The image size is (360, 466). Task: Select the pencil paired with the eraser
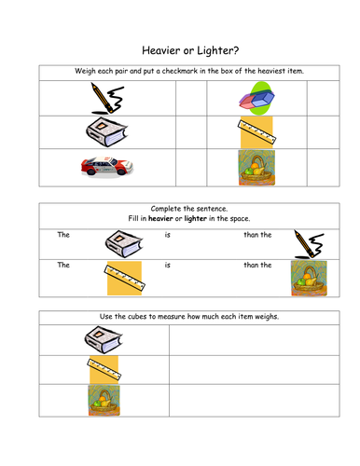pyautogui.click(x=107, y=97)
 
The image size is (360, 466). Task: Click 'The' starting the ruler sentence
pyautogui.click(x=63, y=266)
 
